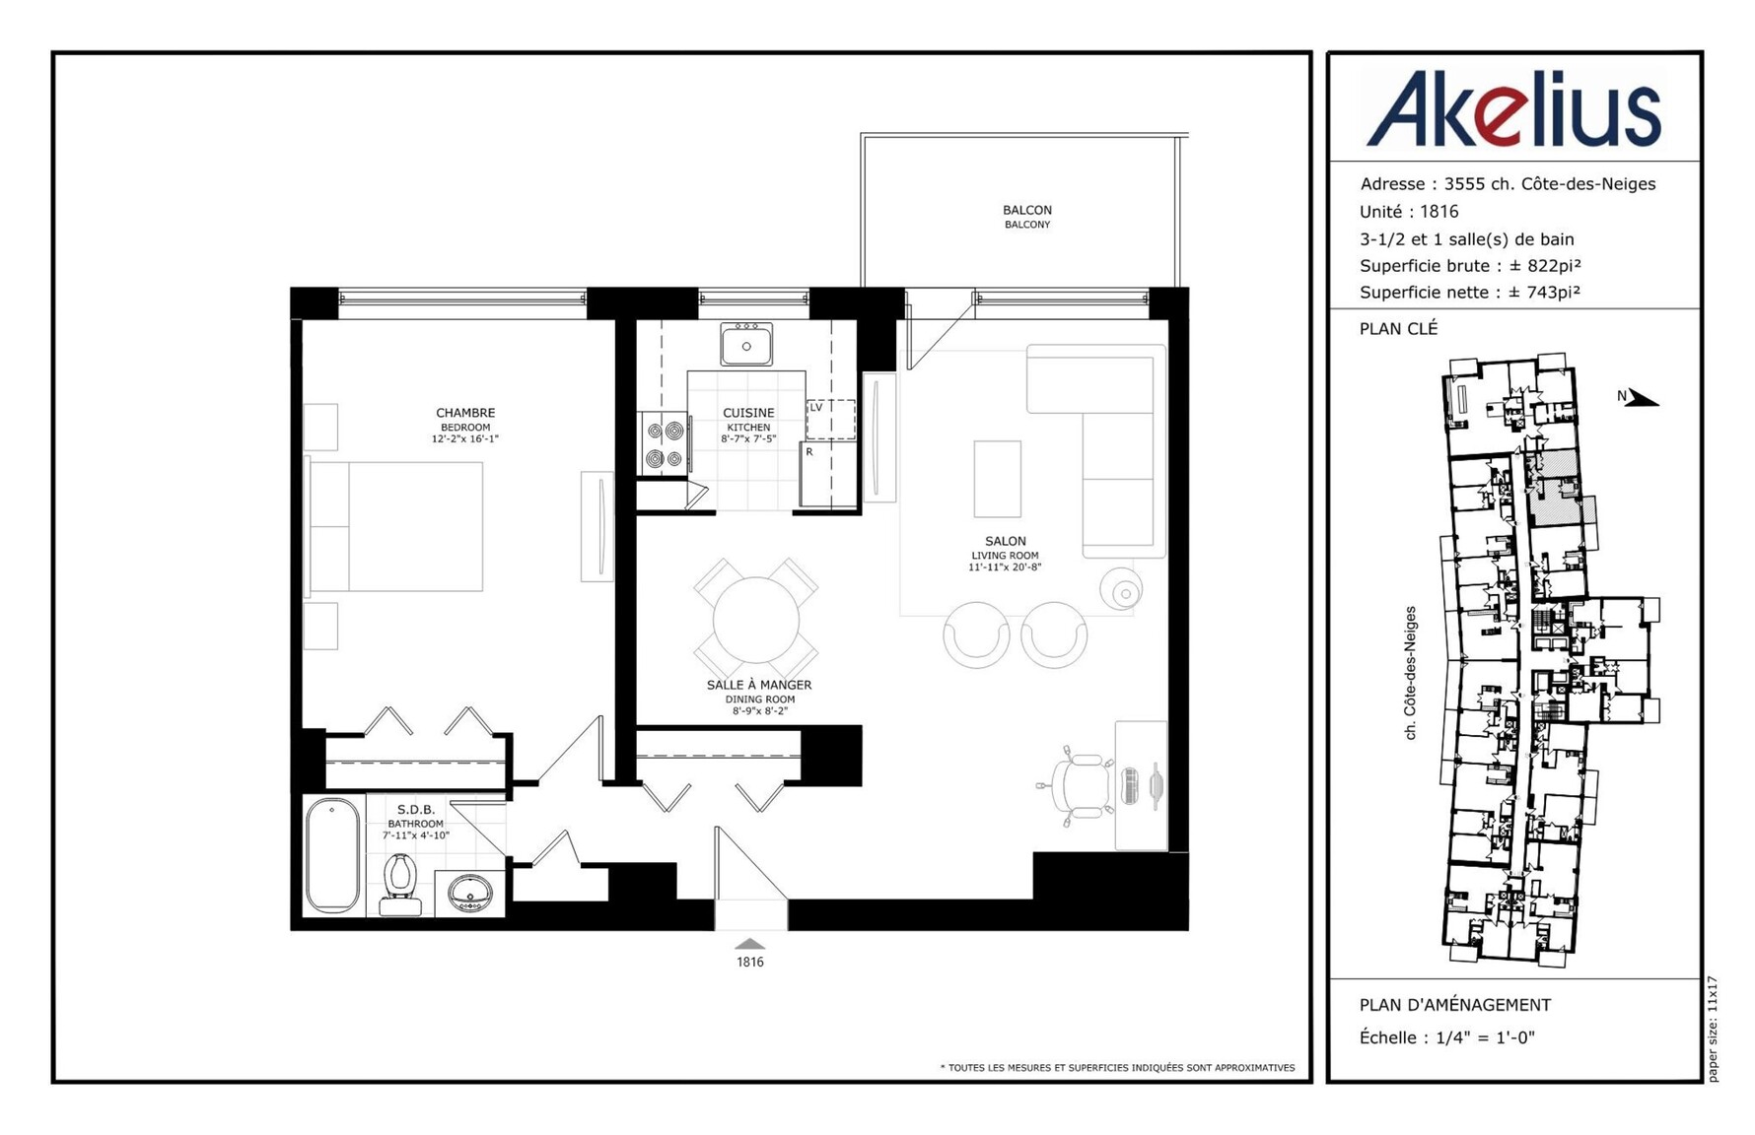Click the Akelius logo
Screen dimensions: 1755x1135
point(1513,108)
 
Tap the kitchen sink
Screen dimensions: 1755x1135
point(746,344)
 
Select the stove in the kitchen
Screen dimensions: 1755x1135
point(664,444)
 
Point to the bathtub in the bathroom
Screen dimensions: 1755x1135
point(333,854)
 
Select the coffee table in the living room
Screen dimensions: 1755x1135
point(997,479)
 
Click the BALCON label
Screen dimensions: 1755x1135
point(1027,210)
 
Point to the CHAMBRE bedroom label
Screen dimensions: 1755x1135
point(465,413)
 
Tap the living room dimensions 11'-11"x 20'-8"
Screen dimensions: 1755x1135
point(1005,567)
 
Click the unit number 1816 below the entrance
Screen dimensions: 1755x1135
point(750,962)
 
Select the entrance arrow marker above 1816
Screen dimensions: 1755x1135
point(750,944)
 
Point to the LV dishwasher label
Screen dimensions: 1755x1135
point(816,407)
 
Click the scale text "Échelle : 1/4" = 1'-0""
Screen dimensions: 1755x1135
point(1447,1037)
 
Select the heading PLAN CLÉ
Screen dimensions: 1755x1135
point(1399,329)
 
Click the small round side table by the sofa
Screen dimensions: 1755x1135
point(1122,590)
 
